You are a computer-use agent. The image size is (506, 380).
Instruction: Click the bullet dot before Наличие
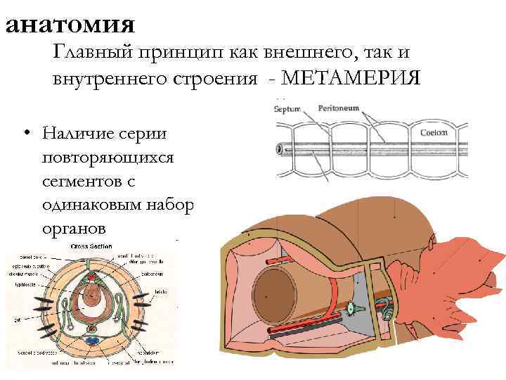pyautogui.click(x=25, y=133)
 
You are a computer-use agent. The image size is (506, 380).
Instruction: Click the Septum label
pyautogui.click(x=287, y=109)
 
